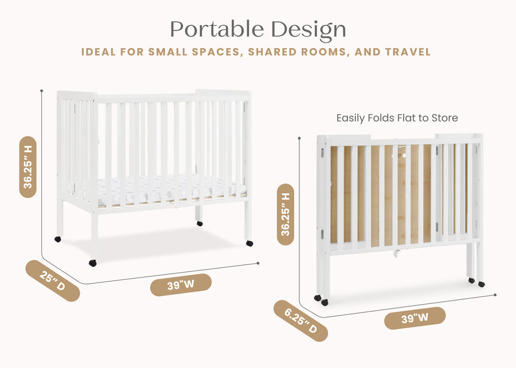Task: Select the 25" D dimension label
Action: (x=52, y=280)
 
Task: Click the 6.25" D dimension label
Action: (x=300, y=320)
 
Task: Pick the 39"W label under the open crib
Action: (x=181, y=284)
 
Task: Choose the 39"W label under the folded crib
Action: (x=415, y=318)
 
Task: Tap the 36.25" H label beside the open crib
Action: (x=28, y=167)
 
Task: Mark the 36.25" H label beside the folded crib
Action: (x=286, y=214)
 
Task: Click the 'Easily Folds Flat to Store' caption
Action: (x=397, y=118)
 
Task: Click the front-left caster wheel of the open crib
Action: (x=92, y=263)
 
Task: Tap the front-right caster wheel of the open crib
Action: (x=249, y=243)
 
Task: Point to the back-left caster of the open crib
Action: (x=58, y=239)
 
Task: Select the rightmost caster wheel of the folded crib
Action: (x=481, y=284)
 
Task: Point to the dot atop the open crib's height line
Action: (x=42, y=90)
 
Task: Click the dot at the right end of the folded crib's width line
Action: (x=495, y=295)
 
